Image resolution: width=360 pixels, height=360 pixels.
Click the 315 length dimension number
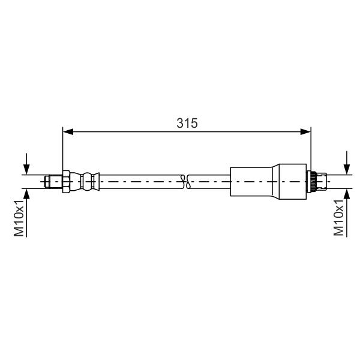tap(187, 123)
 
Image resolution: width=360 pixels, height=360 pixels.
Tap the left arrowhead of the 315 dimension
tap(68, 132)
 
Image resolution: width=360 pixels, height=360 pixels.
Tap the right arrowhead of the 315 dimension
tap(305, 132)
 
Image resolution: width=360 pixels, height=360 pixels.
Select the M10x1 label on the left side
tap(19, 218)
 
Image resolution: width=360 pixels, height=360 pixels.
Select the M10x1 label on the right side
tap(338, 218)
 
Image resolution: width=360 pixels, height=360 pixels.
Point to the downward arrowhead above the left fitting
tap(26, 169)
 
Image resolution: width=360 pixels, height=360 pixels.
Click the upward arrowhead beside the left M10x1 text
tap(26, 194)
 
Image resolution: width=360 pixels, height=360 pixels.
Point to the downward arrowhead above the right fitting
tap(347, 169)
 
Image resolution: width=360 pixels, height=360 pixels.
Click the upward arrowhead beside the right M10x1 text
tap(347, 194)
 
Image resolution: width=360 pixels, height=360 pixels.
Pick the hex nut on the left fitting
tap(66, 182)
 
